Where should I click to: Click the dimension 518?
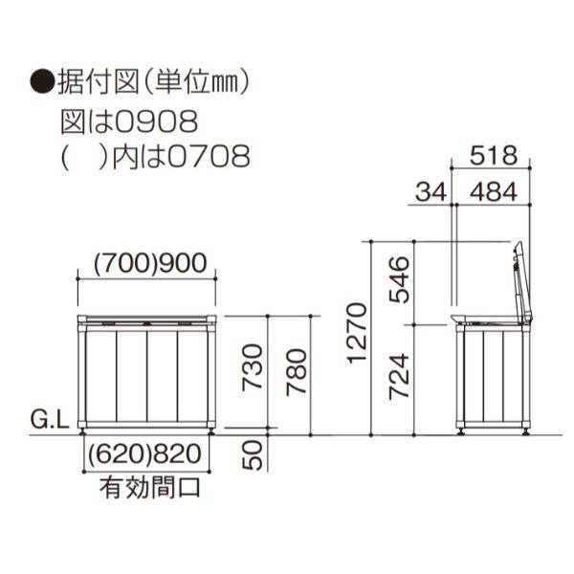pyautogui.click(x=495, y=154)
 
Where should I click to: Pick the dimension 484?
pyautogui.click(x=495, y=191)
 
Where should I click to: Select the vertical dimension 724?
pyautogui.click(x=400, y=376)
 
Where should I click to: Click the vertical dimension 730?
pyautogui.click(x=252, y=368)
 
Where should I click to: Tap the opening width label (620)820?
pyautogui.click(x=148, y=457)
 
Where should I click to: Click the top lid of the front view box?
pyautogui.click(x=147, y=318)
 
